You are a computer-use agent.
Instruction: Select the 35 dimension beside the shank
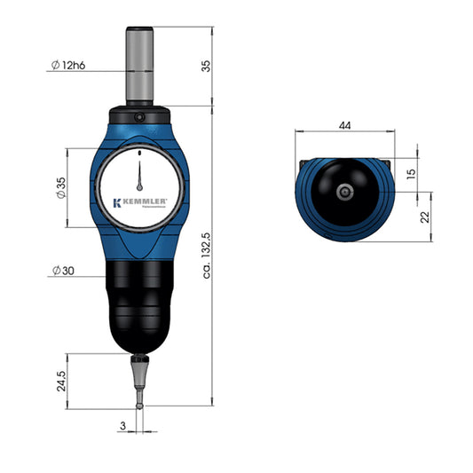pos(206,66)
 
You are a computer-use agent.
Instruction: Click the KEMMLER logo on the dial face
pos(140,202)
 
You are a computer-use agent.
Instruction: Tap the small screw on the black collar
pos(139,115)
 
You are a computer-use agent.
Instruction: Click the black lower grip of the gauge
pos(139,302)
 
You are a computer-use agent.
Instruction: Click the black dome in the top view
pos(344,177)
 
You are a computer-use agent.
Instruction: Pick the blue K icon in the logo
pos(116,202)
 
